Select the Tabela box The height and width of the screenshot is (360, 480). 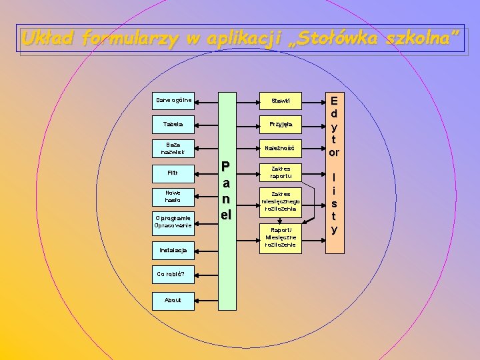point(173,124)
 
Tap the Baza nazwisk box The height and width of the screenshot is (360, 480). point(173,148)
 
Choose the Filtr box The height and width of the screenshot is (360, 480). point(173,173)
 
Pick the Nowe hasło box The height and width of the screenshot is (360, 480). point(173,196)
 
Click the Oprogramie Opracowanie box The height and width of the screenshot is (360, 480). point(173,221)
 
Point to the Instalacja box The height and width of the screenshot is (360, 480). point(173,250)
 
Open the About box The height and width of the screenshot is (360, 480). point(173,300)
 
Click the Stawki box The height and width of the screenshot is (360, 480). point(280,101)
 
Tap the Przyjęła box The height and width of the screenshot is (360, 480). point(280,124)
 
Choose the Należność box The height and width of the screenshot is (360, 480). point(280,147)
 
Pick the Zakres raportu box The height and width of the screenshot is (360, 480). point(280,173)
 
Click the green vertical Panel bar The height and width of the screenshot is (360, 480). point(227,200)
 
